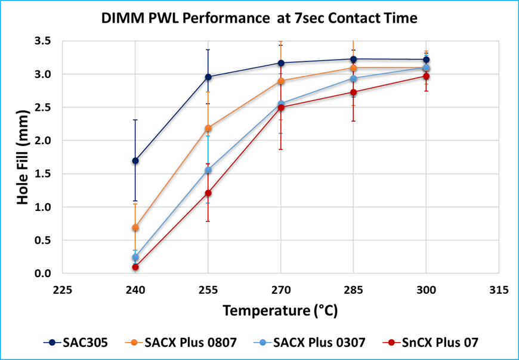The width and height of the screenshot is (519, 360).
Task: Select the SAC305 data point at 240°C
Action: [x=135, y=161]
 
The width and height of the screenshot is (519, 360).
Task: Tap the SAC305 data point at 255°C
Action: [x=208, y=77]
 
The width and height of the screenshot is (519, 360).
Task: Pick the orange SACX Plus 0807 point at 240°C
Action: [x=135, y=228]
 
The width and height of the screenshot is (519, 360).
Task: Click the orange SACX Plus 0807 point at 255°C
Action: [x=208, y=128]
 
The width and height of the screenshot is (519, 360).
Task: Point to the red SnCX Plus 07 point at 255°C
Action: [x=208, y=193]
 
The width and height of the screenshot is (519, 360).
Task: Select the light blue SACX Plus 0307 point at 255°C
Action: [x=208, y=170]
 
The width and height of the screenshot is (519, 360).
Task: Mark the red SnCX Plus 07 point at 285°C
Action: [x=353, y=92]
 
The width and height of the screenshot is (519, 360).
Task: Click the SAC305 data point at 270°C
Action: [x=280, y=63]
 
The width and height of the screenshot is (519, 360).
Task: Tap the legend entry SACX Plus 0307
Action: [x=314, y=342]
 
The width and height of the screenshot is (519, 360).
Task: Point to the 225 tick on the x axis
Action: [x=63, y=290]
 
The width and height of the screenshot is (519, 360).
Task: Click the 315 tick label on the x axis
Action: [x=499, y=290]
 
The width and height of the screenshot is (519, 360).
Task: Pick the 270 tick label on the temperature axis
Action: [x=280, y=290]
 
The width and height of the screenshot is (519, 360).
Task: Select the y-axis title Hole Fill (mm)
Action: [x=22, y=157]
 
